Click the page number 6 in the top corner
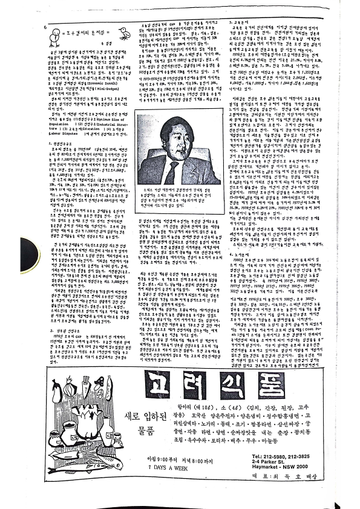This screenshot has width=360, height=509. pos(46,27)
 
